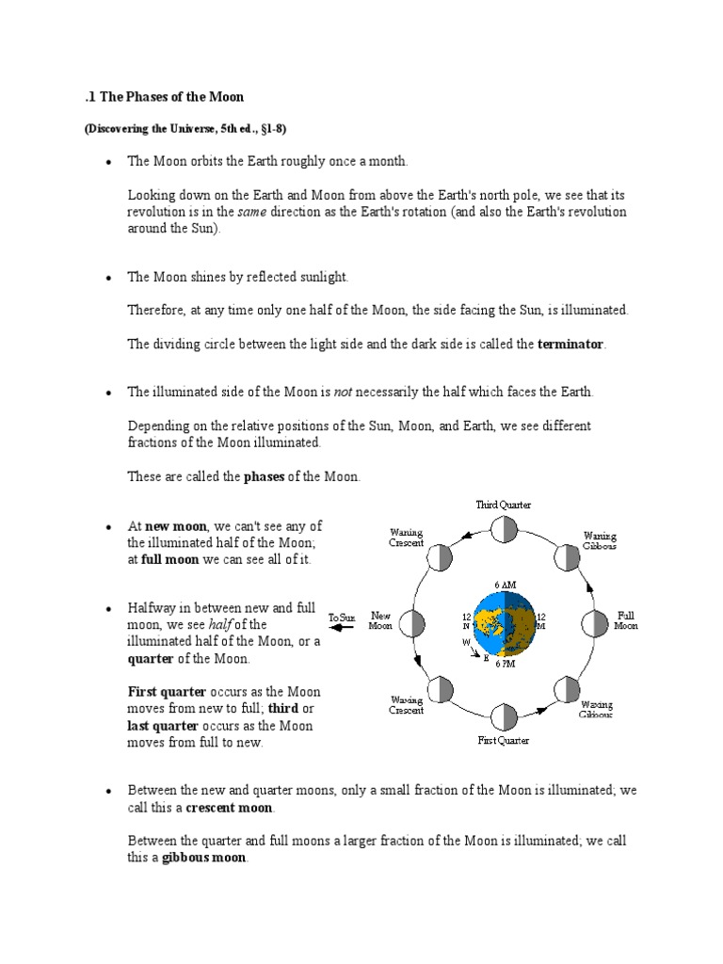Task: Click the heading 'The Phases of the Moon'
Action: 165,98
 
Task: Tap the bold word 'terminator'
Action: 570,345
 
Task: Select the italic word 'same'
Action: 251,212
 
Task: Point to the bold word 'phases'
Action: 264,477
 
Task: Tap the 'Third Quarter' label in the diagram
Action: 504,506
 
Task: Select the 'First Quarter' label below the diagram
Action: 503,741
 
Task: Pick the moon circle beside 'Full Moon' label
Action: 596,624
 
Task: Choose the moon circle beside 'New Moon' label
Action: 413,623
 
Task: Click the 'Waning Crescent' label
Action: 407,538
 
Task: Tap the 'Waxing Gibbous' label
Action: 597,709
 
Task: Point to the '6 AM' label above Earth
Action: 505,585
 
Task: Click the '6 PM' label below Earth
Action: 505,664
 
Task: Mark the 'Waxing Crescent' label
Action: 407,705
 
